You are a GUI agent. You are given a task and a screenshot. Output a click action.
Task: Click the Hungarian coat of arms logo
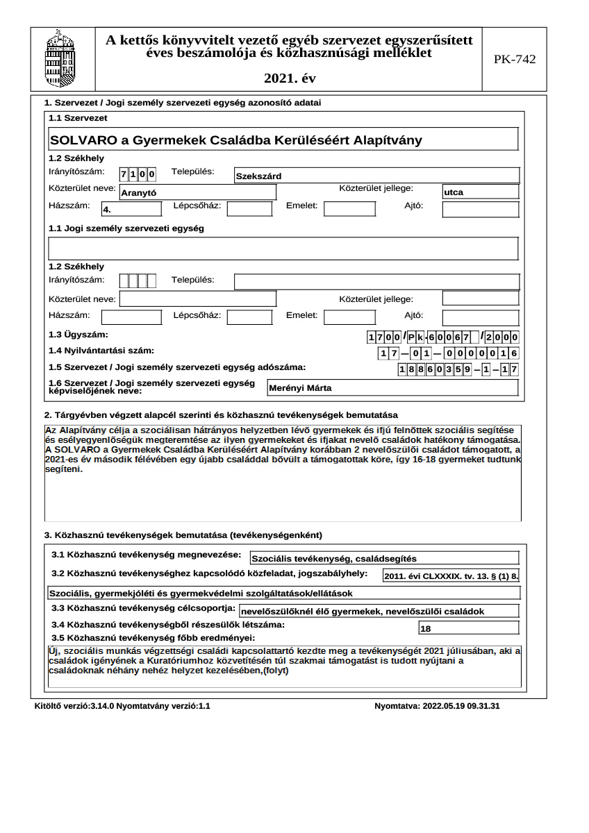point(59,58)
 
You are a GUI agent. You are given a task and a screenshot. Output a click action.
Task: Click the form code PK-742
point(515,60)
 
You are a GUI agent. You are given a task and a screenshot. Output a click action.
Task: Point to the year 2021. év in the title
point(289,79)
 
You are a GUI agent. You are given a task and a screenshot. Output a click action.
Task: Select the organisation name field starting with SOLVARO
point(283,140)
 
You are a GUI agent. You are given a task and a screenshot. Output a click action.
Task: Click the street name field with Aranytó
point(198,193)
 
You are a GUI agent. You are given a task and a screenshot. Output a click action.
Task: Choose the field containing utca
point(480,192)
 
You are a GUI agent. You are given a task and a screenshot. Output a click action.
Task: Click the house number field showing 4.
point(131,208)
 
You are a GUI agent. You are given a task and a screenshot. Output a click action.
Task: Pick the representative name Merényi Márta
point(392,388)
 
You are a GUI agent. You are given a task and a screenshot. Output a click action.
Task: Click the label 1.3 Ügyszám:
point(78,335)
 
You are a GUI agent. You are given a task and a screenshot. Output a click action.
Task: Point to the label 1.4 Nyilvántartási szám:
point(101,351)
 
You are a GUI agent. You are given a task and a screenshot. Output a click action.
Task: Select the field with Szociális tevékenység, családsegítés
point(384,558)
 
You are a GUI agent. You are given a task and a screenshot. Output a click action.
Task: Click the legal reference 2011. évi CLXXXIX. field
point(451,575)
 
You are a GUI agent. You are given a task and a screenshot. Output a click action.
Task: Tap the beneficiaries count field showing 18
point(469,628)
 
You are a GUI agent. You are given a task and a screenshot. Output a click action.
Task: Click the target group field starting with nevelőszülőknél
point(379,612)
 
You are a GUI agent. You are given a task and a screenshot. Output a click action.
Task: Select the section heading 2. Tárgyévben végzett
point(221,414)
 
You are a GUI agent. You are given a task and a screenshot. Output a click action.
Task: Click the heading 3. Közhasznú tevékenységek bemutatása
point(183,535)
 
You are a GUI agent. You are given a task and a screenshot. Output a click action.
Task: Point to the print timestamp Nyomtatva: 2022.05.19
point(437,706)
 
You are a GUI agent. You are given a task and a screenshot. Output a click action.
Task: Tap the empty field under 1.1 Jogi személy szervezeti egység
point(283,248)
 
